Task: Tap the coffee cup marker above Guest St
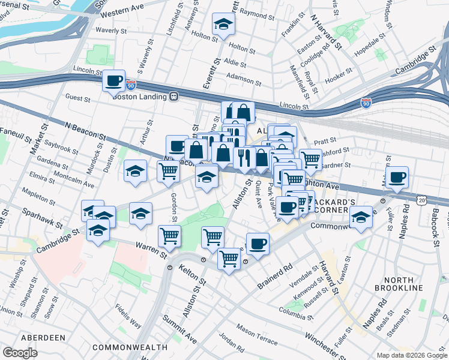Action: [113, 80]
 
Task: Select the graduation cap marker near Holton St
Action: [223, 25]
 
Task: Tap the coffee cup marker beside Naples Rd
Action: [397, 178]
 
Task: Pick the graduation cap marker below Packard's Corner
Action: [361, 217]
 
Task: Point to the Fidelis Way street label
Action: [129, 319]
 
